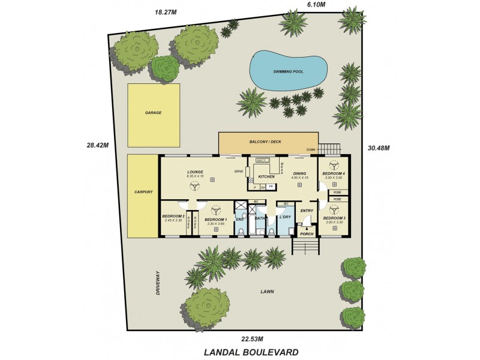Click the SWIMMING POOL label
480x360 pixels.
288,71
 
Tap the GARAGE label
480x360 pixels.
153,113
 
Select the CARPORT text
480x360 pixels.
144,192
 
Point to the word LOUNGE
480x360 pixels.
196,172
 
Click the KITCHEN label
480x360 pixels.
266,177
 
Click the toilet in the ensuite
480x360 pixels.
241,231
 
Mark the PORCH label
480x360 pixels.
307,234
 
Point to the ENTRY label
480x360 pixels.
307,211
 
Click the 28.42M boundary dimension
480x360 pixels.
97,145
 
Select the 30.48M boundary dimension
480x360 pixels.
378,148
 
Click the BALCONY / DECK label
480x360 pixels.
265,142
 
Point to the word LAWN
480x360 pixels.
268,292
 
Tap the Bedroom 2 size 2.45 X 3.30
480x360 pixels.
173,220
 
